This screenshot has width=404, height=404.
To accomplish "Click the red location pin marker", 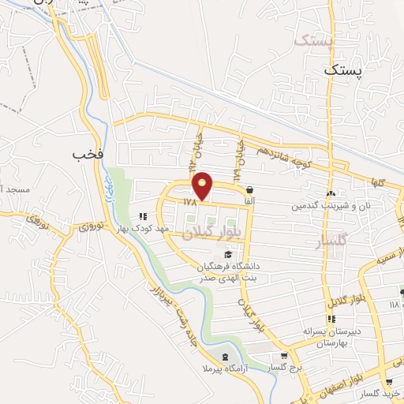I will [x=203, y=185].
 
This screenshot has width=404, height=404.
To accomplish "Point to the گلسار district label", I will [x=331, y=241].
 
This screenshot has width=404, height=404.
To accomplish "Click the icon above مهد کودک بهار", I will [x=143, y=215].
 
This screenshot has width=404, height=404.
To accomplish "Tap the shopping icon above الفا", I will [x=250, y=190].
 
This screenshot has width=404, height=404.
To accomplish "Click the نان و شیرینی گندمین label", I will [x=331, y=206].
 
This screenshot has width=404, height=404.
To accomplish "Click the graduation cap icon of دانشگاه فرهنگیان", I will [x=228, y=253].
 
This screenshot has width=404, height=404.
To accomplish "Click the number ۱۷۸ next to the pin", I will [x=189, y=202].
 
